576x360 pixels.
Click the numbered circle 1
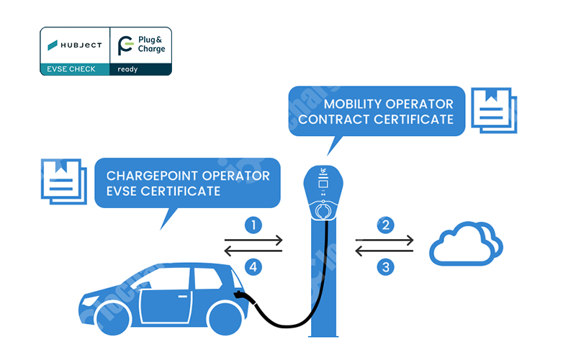point(253,225)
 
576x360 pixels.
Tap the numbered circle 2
point(386,225)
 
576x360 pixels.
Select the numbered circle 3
point(386,268)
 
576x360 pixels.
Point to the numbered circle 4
point(253,268)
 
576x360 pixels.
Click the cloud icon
point(465,246)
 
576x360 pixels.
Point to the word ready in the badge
point(127,69)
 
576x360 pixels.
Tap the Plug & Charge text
point(150,45)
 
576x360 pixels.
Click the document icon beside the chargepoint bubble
point(62,181)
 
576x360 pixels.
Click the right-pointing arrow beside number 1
point(253,240)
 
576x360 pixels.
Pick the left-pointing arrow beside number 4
point(253,251)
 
